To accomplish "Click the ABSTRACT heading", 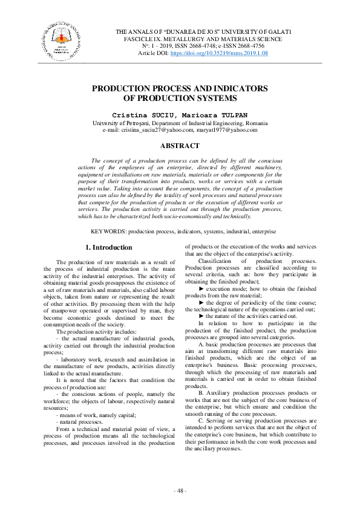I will (x=179, y=146).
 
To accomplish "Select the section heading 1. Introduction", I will (x=108, y=247).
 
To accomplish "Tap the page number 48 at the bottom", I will (x=180, y=490).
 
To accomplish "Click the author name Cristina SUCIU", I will (x=152, y=114).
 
